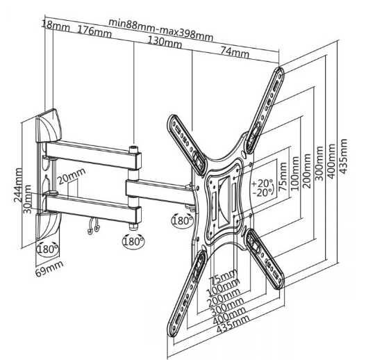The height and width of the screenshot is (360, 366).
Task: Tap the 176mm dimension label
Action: [x=95, y=31]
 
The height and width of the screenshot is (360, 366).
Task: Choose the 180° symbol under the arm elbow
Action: [x=133, y=242]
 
